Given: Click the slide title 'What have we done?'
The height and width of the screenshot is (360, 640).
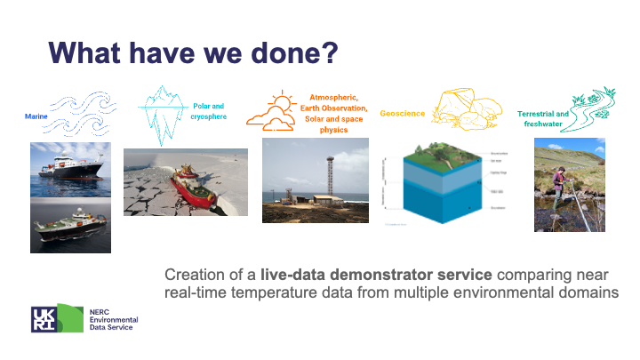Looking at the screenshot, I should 194,52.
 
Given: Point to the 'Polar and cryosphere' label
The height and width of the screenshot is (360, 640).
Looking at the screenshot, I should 210,112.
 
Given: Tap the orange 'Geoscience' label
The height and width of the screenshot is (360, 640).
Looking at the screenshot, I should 403,114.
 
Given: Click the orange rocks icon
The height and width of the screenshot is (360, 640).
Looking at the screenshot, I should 468,108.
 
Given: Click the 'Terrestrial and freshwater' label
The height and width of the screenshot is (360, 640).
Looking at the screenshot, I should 543,119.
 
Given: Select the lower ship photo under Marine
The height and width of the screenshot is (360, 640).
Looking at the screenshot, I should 70,225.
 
